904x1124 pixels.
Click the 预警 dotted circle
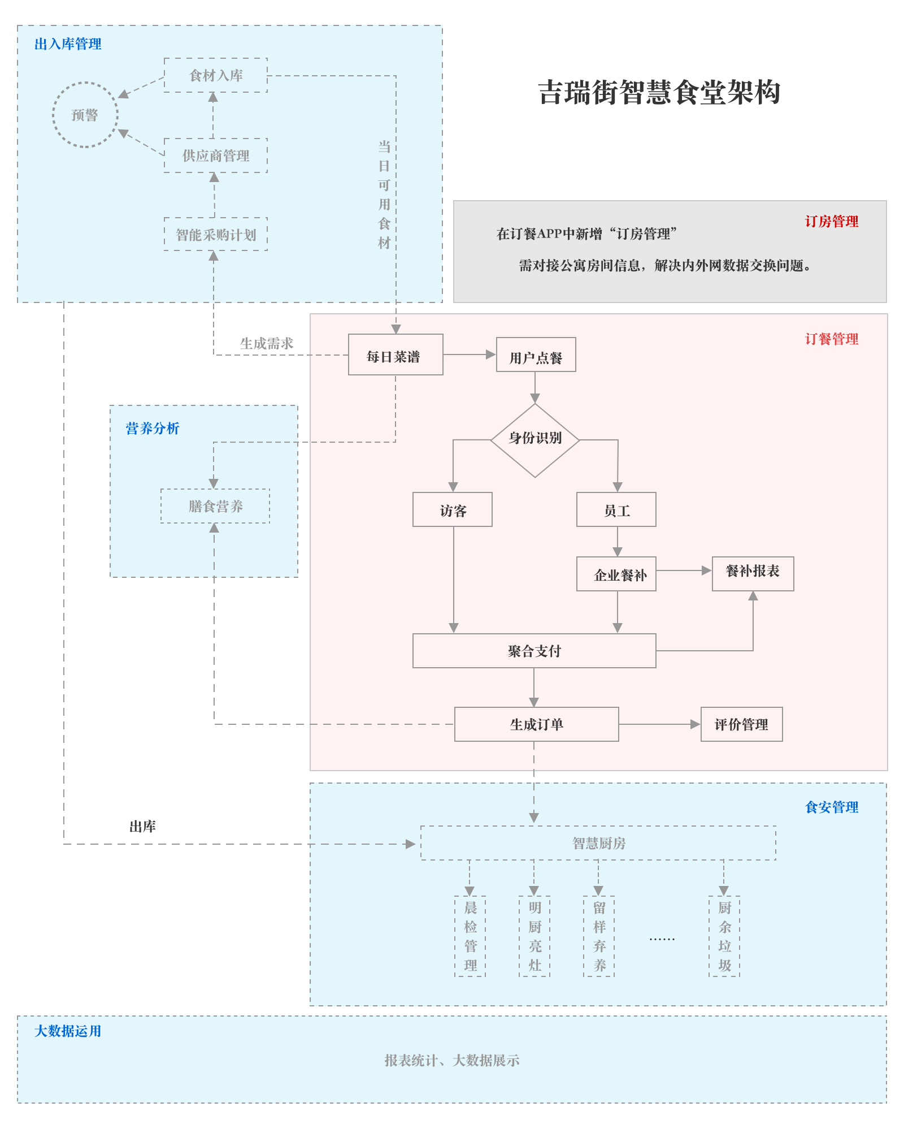[85, 115]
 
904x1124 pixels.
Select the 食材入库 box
[216, 75]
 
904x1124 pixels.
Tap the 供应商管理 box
[216, 155]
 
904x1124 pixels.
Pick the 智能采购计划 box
[216, 235]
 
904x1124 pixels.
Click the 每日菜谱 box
[395, 355]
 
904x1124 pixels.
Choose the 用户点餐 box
[536, 355]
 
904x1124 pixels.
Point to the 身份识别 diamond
[534, 439]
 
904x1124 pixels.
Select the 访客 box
[452, 509]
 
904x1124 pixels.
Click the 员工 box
[616, 509]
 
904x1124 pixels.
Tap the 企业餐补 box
[616, 574]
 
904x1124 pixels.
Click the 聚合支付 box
[534, 651]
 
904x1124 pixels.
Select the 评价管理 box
[741, 724]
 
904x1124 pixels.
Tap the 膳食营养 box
[215, 506]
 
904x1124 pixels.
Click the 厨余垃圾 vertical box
[724, 936]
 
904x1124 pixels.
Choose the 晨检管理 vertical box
[470, 936]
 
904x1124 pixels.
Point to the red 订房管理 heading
[831, 222]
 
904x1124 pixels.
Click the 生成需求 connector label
[267, 343]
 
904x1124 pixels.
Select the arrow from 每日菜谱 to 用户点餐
[469, 355]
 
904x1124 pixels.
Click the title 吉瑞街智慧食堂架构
[659, 93]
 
